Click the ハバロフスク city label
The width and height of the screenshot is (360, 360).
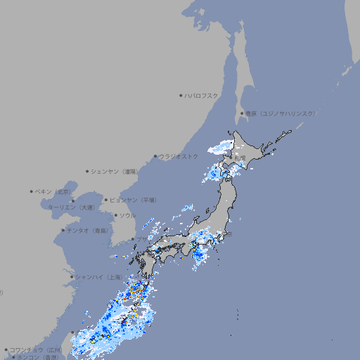(x=202, y=95)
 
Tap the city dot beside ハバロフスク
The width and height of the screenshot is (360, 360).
(x=181, y=95)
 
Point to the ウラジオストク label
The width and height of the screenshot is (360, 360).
(x=179, y=156)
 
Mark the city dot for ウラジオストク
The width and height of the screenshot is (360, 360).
(x=155, y=156)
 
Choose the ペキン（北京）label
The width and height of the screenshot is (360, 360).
(x=54, y=191)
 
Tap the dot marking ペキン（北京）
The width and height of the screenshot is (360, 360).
(x=32, y=191)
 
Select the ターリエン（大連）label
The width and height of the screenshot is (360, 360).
(x=71, y=207)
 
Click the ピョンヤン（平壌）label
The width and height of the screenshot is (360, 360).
(x=133, y=200)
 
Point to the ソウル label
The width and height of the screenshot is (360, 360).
(x=127, y=215)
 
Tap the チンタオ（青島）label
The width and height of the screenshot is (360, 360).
(x=88, y=230)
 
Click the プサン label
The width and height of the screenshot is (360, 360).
(x=142, y=240)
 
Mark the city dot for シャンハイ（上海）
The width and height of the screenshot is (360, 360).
(x=72, y=276)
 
